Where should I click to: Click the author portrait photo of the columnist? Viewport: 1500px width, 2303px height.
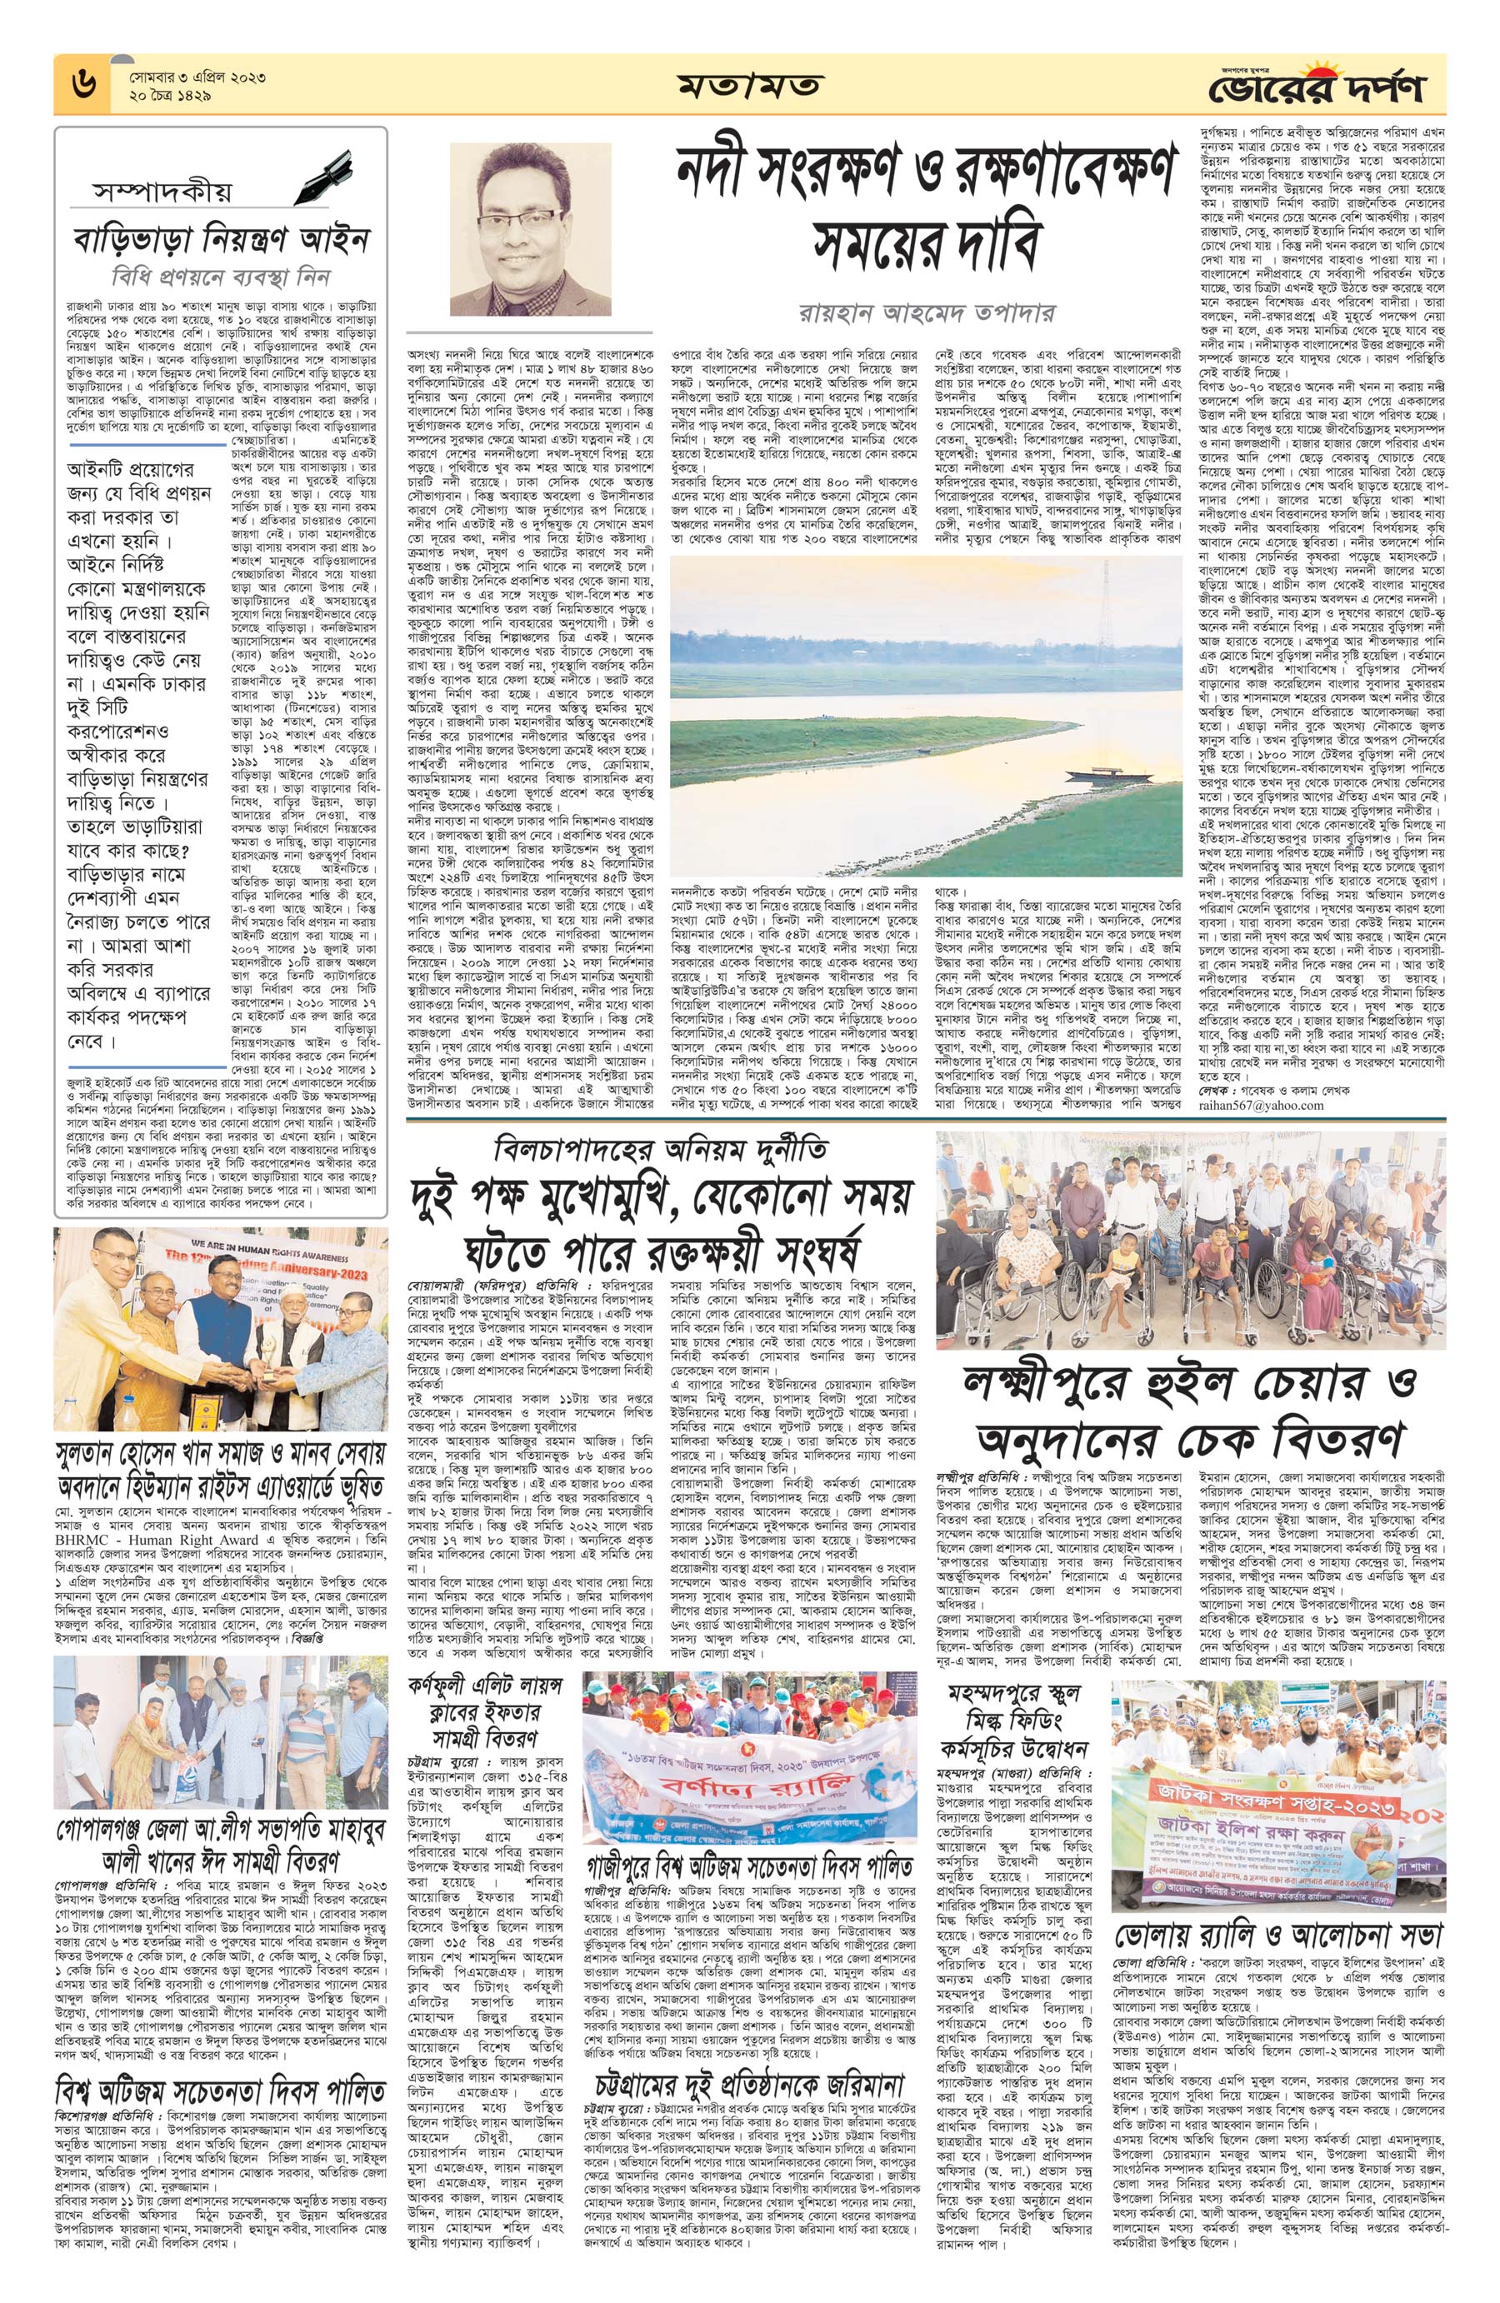(x=530, y=229)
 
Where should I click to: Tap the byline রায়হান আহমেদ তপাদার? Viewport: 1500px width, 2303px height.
(x=928, y=313)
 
